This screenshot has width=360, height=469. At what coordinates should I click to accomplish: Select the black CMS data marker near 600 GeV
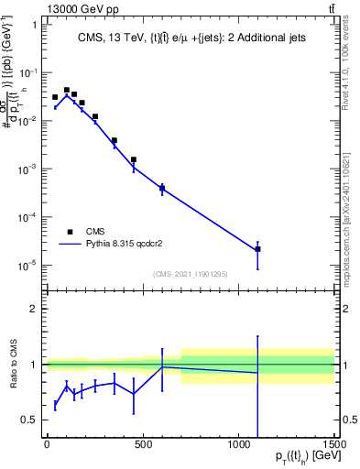(162, 188)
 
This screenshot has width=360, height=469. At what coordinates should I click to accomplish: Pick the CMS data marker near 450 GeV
(134, 159)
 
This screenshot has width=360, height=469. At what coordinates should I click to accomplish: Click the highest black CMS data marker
(66, 90)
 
